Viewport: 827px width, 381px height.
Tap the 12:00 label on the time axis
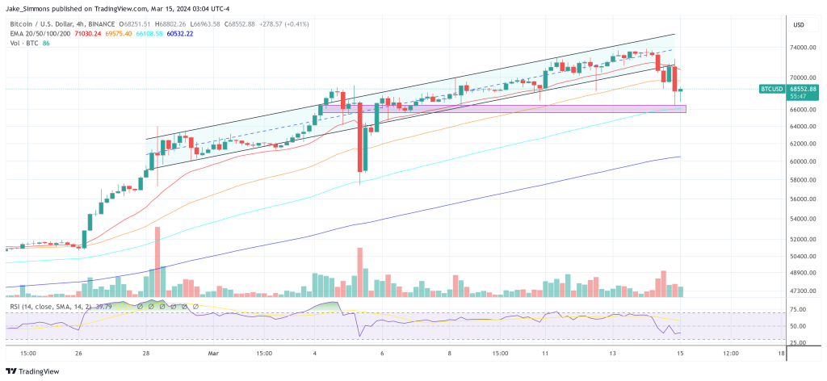(730, 354)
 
